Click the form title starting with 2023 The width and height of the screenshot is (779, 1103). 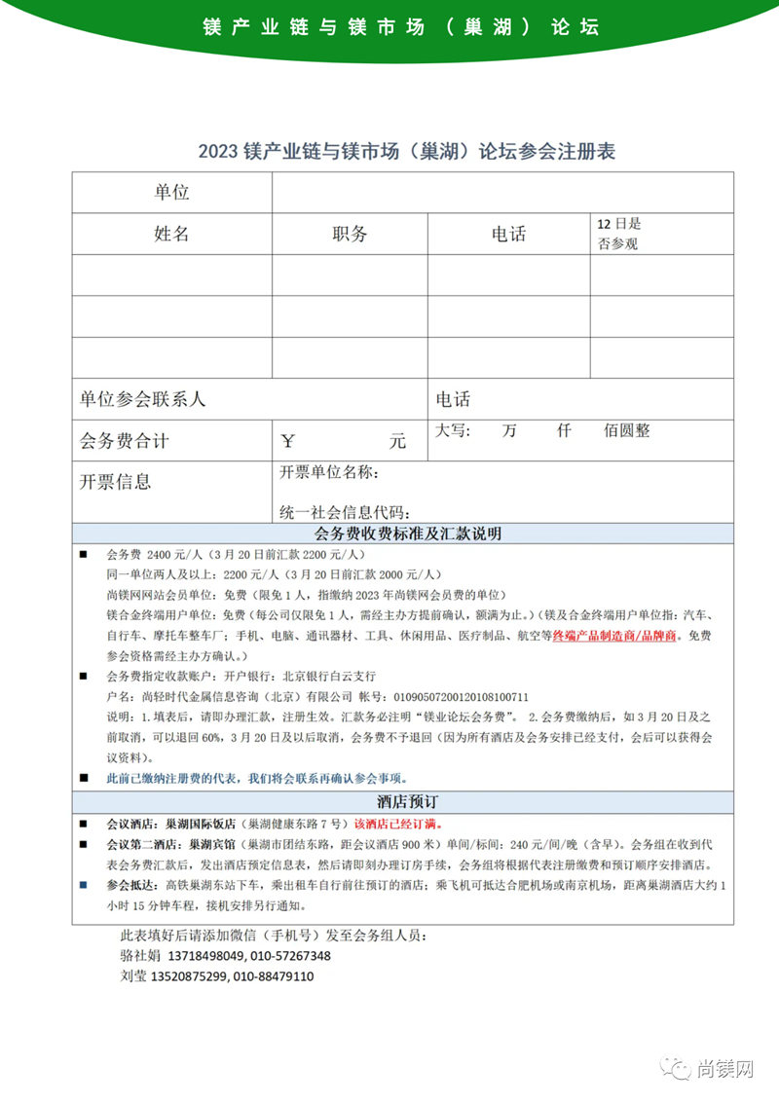pos(406,152)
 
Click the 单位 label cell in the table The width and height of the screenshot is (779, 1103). pos(171,193)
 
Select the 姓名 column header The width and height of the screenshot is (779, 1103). pos(171,234)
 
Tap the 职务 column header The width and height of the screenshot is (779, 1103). pos(350,234)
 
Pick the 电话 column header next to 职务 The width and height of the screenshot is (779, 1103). pos(508,234)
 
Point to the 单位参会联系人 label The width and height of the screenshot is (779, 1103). pos(143,399)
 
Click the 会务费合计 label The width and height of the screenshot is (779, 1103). pos(125,441)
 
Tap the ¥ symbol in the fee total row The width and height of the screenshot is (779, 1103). pos(287,441)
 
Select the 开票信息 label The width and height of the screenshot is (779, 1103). pos(116,482)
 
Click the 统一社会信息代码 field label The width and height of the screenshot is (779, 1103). pos(345,513)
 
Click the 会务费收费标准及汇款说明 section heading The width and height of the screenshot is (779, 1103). pos(406,533)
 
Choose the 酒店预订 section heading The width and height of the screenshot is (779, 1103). pos(406,802)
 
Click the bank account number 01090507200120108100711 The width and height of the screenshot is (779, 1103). pos(458,697)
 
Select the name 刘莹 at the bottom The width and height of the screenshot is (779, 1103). pos(131,976)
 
